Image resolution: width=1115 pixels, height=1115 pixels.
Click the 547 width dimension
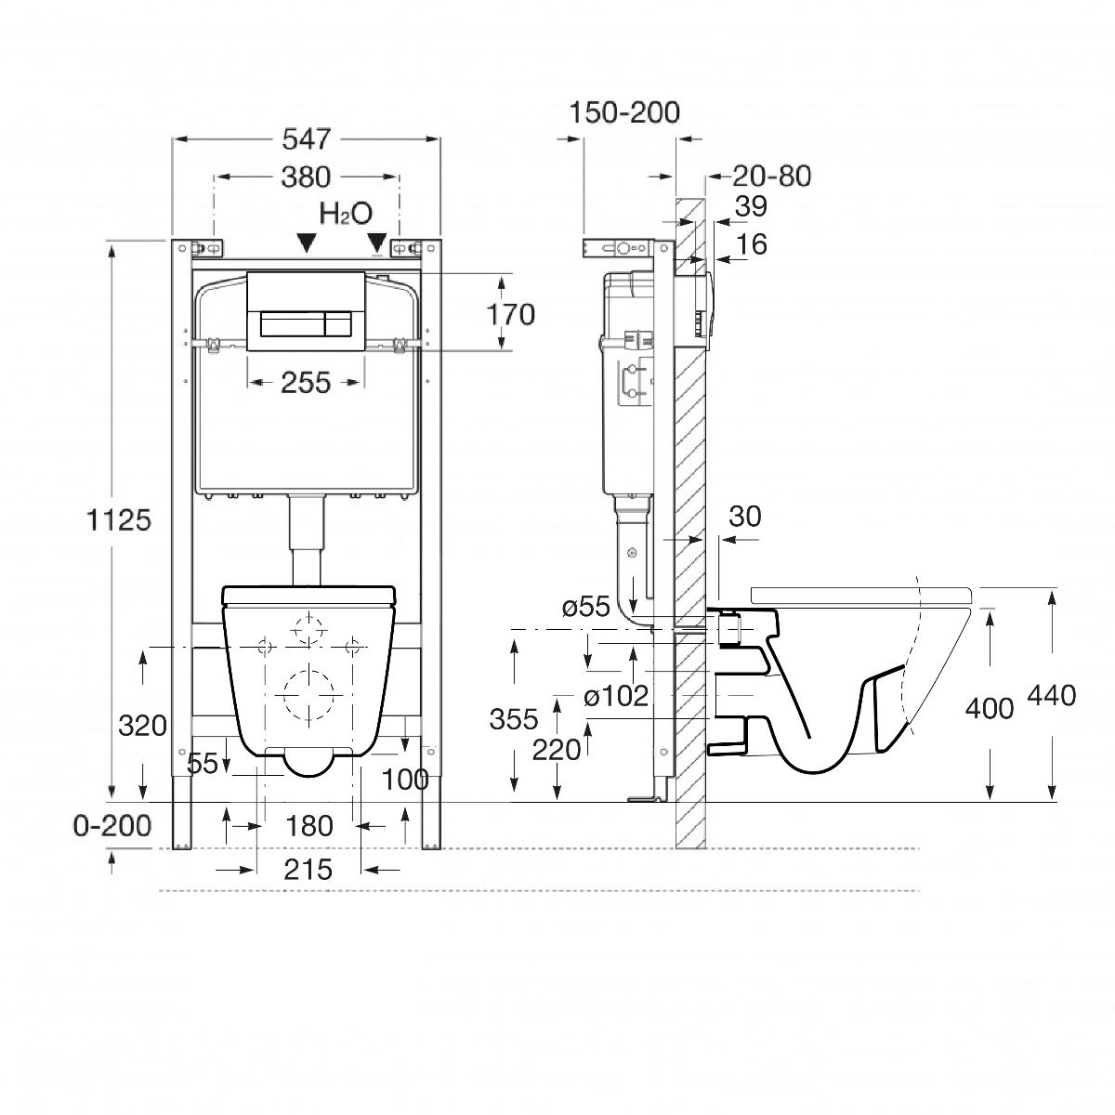[306, 139]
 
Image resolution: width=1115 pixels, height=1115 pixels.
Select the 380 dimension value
[306, 176]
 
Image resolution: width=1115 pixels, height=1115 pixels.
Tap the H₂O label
[346, 214]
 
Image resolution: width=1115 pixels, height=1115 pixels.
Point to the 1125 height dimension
[119, 519]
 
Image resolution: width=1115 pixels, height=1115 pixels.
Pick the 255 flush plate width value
[306, 382]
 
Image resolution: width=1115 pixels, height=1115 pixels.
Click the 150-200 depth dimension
[625, 112]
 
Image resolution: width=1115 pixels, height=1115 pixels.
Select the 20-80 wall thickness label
[771, 176]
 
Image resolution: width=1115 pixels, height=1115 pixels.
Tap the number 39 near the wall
[751, 207]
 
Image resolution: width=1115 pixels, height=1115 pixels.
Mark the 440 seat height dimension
[1052, 694]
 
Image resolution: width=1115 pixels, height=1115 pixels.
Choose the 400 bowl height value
[990, 708]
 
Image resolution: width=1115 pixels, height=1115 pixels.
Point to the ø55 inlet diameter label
[585, 608]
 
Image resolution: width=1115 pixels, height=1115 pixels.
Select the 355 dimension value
[513, 718]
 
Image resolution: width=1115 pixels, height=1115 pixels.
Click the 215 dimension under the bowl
[308, 870]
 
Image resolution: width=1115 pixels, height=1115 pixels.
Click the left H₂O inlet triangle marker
[306, 243]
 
